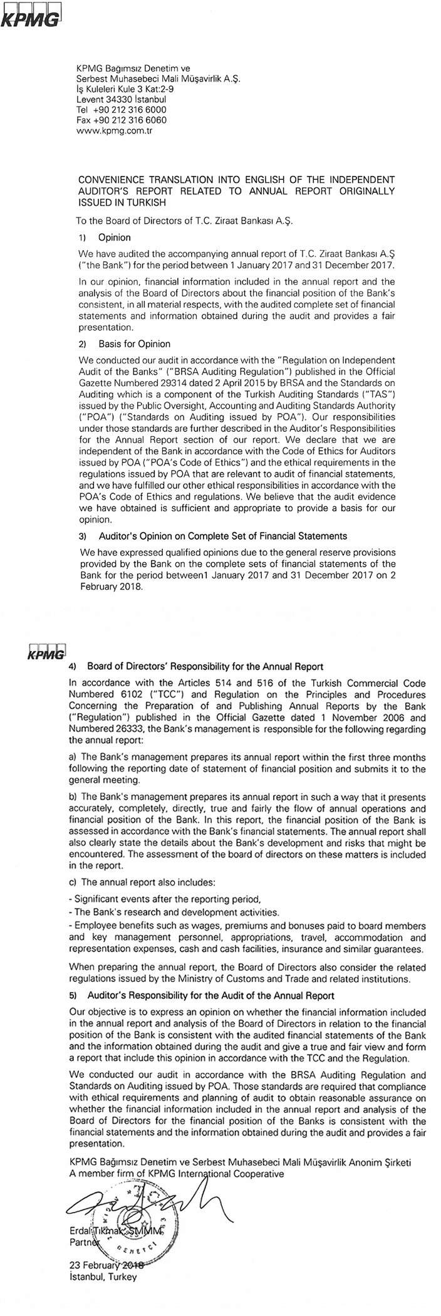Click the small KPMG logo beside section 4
point(47,652)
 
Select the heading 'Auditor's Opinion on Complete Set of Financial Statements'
point(222,536)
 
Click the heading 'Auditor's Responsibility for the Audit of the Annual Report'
point(210,995)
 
